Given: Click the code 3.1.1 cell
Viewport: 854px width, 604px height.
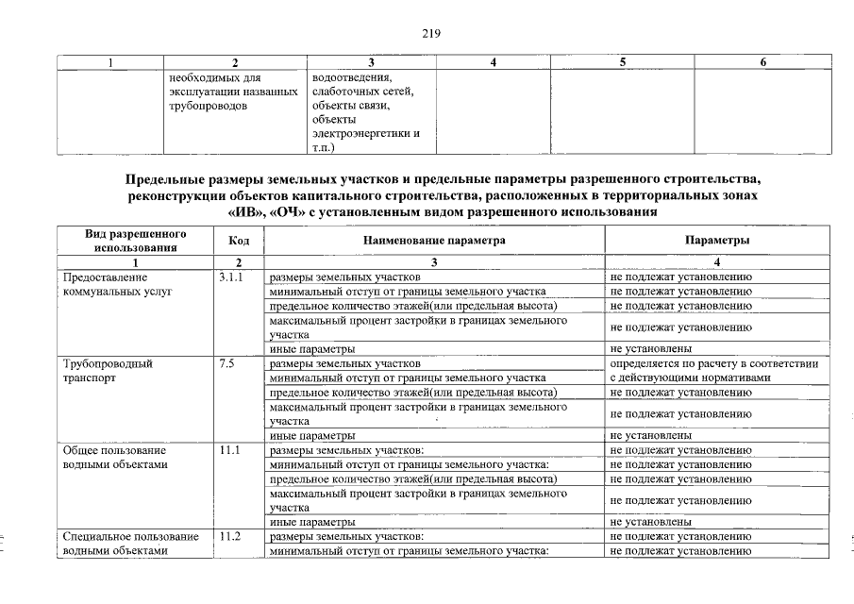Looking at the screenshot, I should pyautogui.click(x=230, y=277).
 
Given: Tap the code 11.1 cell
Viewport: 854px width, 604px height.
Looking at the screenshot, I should pyautogui.click(x=229, y=450).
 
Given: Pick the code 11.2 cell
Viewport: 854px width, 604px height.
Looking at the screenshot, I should pyautogui.click(x=229, y=537).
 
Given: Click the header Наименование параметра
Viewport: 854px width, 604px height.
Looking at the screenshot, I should pyautogui.click(x=435, y=241).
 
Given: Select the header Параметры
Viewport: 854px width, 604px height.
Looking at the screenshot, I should pyautogui.click(x=717, y=241).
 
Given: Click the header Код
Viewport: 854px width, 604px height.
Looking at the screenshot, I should pyautogui.click(x=239, y=241).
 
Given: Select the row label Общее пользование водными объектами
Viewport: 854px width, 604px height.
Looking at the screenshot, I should pyautogui.click(x=115, y=457).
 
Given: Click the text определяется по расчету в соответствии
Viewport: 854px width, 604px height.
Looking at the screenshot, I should pyautogui.click(x=713, y=363).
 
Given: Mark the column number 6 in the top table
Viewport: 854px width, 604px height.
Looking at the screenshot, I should pyautogui.click(x=762, y=62).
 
